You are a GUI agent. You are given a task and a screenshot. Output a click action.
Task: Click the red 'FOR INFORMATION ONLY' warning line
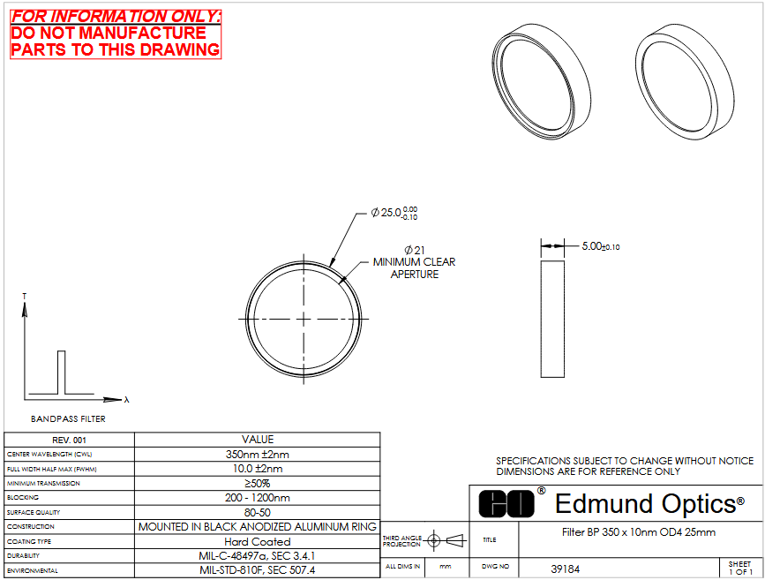[x=115, y=16]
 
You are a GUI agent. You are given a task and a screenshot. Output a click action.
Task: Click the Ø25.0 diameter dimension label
[x=394, y=213]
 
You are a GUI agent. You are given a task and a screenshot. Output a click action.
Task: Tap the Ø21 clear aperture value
[x=414, y=250]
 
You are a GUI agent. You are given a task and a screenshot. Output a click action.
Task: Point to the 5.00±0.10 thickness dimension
[x=601, y=246]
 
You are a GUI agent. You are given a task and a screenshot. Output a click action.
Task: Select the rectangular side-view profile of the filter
[x=552, y=319]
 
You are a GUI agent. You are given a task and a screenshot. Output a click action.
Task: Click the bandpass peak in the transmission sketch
[x=61, y=372]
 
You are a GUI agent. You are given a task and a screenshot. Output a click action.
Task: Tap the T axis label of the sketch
[x=25, y=297]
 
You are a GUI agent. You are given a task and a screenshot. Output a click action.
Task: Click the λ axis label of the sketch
[x=127, y=399]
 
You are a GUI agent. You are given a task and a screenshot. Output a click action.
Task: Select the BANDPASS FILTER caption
[x=68, y=418]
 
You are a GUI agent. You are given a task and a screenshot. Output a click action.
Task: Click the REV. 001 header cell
[x=70, y=440]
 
